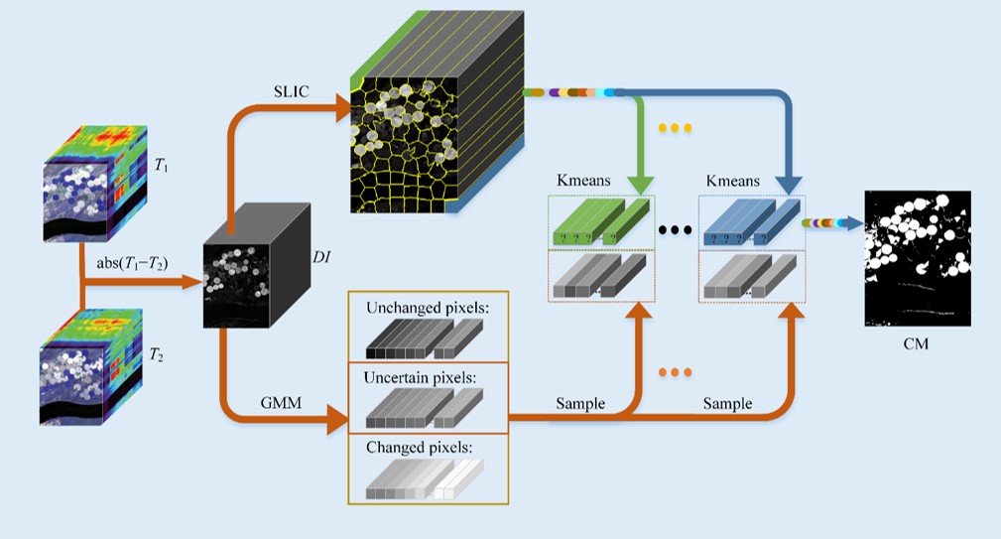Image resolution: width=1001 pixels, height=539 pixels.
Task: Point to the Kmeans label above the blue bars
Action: tap(735, 182)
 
